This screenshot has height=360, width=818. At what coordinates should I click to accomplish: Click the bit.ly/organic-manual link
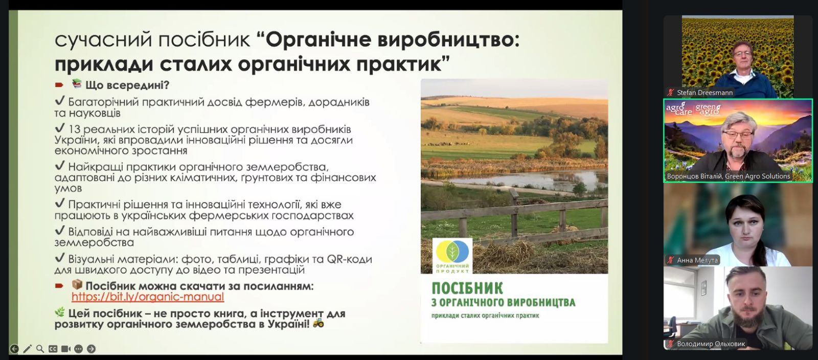[x=148, y=297]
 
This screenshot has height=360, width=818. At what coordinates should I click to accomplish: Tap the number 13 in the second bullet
[x=74, y=129]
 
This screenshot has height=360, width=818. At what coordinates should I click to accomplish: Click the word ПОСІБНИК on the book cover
[x=467, y=288]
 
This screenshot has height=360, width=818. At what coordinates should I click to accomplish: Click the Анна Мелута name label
[x=697, y=260]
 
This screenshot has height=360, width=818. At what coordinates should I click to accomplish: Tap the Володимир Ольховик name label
[x=711, y=344]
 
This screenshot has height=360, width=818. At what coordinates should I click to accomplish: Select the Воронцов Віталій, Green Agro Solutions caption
[x=728, y=176]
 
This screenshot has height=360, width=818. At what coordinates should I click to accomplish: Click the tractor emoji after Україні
[x=318, y=323]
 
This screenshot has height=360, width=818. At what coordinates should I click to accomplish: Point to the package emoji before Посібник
[x=77, y=284]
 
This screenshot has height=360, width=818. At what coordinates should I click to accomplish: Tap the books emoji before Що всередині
[x=77, y=84]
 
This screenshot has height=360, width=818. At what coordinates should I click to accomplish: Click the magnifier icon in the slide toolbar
[x=40, y=349]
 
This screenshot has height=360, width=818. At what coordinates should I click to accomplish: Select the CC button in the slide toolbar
[x=53, y=349]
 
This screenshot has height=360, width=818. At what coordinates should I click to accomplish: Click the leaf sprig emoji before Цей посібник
[x=60, y=312]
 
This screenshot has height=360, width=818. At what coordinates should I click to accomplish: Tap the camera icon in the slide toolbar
[x=66, y=349]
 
